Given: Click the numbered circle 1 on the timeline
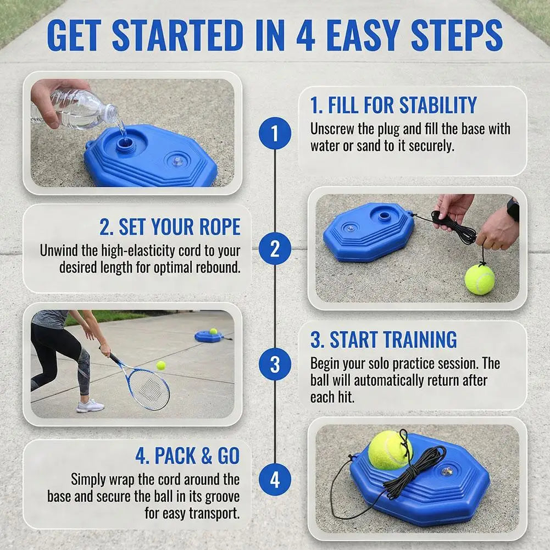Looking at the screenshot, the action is point(275,134).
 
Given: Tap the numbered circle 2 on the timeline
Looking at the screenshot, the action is point(275,249).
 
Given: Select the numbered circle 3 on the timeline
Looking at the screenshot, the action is point(275,364).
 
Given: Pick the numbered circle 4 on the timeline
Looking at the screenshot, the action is point(275,479).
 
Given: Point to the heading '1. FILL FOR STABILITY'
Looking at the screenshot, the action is point(393,105).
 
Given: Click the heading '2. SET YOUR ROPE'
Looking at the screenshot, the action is point(170,226).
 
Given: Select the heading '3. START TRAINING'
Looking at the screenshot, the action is point(384,339).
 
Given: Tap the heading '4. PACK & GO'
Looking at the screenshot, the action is point(188,455).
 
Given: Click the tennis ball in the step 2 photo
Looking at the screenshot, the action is point(480,279).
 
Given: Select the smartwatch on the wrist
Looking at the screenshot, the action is point(514,209).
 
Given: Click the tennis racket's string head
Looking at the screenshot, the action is point(148,388).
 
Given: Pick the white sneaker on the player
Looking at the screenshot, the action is point(90,406).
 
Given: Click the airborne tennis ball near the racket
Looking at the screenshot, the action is point(161,365).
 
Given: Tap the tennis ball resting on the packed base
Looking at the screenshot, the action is point(391,451).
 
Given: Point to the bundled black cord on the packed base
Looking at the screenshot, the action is point(415,470).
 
